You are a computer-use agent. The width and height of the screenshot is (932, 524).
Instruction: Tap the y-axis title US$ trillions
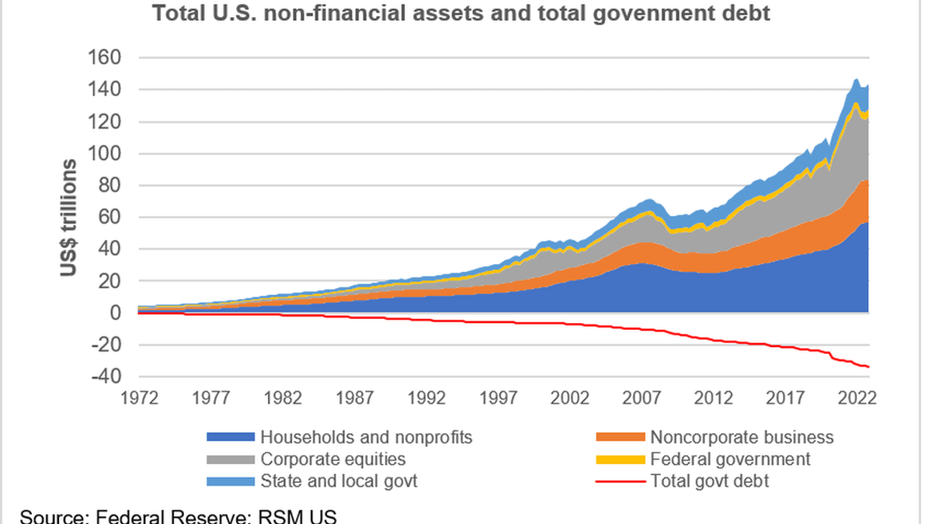(68, 218)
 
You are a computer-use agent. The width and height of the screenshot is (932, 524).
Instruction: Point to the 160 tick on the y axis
(106, 58)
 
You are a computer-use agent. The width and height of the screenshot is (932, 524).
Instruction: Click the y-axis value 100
(106, 154)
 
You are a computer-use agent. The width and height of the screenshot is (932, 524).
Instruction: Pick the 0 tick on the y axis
(115, 313)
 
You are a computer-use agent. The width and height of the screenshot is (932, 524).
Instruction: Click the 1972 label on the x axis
(139, 397)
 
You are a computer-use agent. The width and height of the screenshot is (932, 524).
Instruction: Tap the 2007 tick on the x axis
(642, 397)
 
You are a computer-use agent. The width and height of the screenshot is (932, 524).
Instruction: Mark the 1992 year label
(426, 397)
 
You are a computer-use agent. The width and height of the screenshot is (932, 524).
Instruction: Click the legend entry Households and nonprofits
(366, 437)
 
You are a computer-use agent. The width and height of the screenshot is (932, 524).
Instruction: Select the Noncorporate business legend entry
(742, 437)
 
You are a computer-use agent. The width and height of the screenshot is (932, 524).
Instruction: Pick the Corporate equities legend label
(332, 459)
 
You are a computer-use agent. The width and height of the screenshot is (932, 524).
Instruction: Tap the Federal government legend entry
(730, 459)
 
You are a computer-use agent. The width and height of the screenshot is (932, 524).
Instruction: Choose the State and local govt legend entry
(339, 481)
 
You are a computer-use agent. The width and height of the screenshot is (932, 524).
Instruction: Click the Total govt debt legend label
(710, 481)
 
